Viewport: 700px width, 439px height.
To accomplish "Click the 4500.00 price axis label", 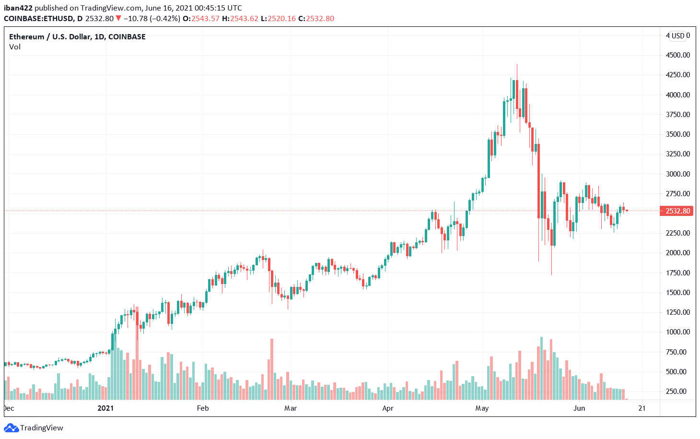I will click(x=677, y=55).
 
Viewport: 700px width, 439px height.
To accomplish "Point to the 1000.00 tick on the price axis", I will click(x=677, y=332).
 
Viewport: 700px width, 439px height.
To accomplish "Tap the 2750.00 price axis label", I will click(x=677, y=194).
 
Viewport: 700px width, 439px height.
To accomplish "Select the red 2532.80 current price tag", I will click(x=677, y=211).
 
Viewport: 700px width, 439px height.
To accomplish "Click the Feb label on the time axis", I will click(x=203, y=408).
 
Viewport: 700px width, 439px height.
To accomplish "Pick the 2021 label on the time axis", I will click(x=105, y=408).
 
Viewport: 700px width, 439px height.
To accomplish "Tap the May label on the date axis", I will click(x=482, y=408).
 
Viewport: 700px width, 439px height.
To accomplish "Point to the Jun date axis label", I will click(x=579, y=408).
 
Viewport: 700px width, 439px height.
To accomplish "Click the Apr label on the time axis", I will click(x=388, y=408).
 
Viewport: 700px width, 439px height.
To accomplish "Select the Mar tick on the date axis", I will click(x=291, y=408).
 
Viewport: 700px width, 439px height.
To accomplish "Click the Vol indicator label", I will click(x=15, y=47).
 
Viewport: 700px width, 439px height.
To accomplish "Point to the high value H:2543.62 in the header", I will click(x=240, y=19).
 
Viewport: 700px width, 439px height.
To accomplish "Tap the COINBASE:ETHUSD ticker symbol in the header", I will click(x=37, y=19).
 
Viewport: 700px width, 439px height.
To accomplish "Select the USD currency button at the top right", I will click(x=678, y=36).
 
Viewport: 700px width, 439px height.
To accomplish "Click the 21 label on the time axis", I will click(x=642, y=408).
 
